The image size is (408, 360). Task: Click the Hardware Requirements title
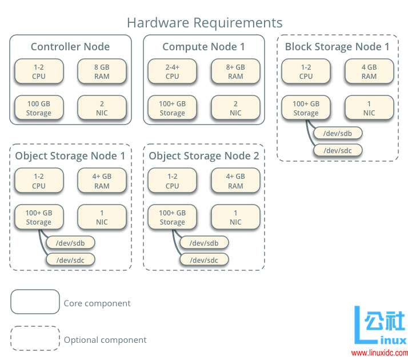204,23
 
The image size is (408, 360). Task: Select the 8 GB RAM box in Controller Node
102,71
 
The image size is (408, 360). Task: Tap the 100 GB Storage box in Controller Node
39,108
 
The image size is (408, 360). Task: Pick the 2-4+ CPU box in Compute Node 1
172,71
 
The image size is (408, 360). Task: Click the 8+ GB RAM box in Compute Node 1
235,71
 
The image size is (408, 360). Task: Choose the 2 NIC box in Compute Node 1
235,108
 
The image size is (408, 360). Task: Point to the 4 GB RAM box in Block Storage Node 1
369,71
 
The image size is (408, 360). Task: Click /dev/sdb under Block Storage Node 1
338,133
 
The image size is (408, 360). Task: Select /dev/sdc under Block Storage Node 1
338,150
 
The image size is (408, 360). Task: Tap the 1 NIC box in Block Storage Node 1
369,108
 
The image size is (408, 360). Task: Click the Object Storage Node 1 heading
70,156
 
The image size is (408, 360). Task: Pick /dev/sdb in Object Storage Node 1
71,243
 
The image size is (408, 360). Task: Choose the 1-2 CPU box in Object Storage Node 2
172,181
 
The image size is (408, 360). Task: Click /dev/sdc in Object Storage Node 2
205,260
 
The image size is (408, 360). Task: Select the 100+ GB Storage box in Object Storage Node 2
172,217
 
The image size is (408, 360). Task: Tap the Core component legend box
35,302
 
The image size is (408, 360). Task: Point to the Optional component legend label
105,340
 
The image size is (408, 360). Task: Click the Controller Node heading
70,47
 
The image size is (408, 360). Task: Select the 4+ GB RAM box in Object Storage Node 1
102,181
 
